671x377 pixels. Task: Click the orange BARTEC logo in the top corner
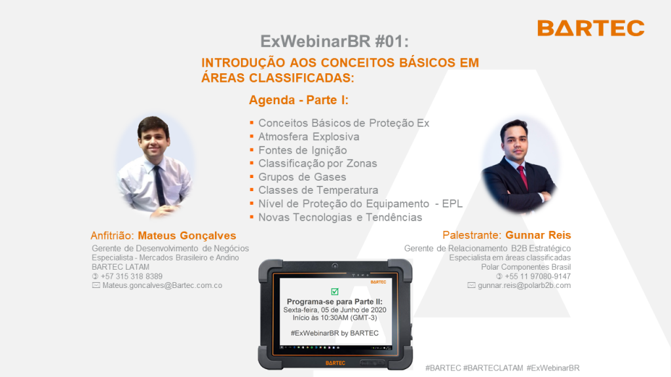tap(591, 28)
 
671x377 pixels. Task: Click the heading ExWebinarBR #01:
tap(335, 41)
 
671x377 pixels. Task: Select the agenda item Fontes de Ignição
tap(303, 151)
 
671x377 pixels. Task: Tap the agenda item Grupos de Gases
tap(302, 177)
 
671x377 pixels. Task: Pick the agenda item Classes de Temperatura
tap(318, 190)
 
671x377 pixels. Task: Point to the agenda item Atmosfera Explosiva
tap(309, 137)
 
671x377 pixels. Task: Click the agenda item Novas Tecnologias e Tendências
tap(340, 217)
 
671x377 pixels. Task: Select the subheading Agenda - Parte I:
tap(299, 100)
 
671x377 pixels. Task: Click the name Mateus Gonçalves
tap(187, 236)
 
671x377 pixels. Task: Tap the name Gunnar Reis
tap(538, 235)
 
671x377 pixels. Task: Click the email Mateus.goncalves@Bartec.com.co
tap(163, 285)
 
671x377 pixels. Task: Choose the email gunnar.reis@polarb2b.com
tap(524, 285)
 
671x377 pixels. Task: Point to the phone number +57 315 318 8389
tap(131, 276)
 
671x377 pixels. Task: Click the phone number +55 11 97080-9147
tap(537, 276)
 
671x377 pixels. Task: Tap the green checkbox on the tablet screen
tap(335, 291)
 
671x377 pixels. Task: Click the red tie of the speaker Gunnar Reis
tap(522, 177)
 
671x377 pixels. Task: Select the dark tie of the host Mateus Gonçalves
tap(160, 185)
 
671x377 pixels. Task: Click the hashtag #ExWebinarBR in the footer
tap(553, 368)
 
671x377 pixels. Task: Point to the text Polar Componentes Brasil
tap(526, 267)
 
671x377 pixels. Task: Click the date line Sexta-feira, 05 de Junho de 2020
tap(335, 310)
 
